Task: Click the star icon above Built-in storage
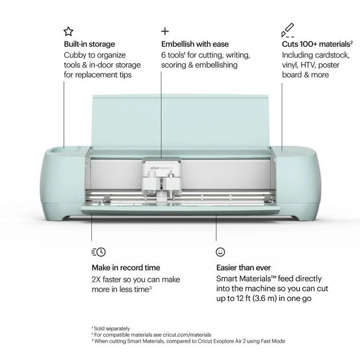(68, 31)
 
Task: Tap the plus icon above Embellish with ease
(165, 31)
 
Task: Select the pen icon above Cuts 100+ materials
(288, 30)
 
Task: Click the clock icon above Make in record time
(98, 252)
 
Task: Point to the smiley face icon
(220, 252)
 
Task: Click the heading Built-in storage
(90, 44)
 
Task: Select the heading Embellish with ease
(195, 44)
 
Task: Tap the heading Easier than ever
(243, 268)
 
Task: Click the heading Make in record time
(126, 268)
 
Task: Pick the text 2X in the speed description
(96, 279)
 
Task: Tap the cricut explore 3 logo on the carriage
(161, 168)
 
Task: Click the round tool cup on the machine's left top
(57, 150)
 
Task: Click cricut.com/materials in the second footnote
(187, 335)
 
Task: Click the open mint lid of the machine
(180, 122)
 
